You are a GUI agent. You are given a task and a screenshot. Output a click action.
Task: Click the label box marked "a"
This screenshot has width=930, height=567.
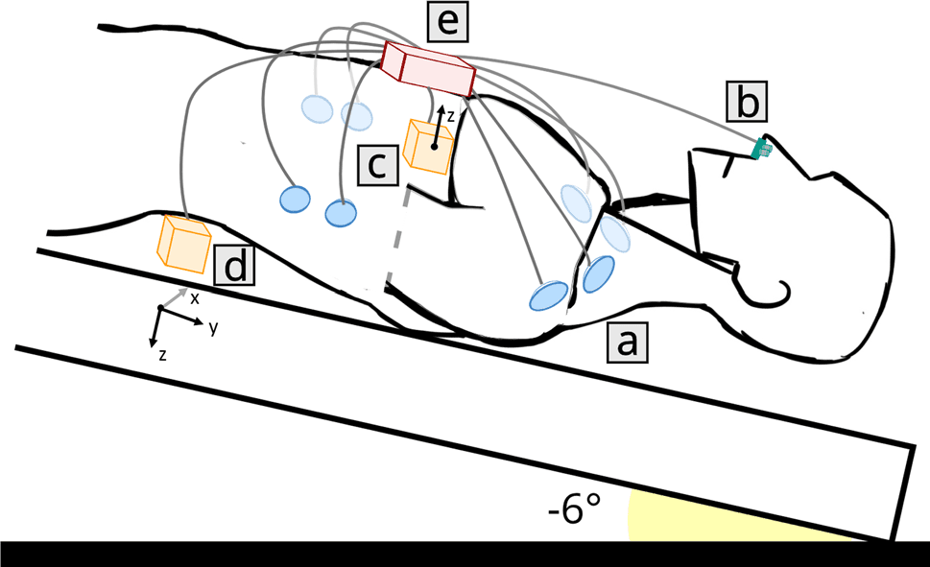pos(626,342)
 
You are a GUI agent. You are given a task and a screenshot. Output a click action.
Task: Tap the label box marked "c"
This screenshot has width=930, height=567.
pos(377,165)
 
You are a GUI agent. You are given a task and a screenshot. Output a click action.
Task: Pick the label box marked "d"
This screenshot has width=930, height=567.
pos(235,265)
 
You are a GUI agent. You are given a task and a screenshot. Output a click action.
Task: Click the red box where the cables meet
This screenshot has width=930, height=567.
pos(428,68)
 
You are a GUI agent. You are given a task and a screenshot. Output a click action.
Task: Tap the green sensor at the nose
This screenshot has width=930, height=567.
pos(762,148)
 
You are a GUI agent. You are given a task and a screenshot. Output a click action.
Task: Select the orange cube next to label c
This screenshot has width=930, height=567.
pos(427,147)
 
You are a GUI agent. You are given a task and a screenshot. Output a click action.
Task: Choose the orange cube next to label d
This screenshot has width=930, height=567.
pos(183,243)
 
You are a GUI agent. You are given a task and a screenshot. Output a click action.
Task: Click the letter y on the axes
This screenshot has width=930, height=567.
pos(213,327)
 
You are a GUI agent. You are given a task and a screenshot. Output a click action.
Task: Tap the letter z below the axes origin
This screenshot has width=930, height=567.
pos(163,354)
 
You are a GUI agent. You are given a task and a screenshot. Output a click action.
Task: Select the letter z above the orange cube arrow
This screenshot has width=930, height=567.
pos(451,115)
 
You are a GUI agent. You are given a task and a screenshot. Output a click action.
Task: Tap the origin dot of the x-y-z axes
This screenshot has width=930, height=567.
pos(160,307)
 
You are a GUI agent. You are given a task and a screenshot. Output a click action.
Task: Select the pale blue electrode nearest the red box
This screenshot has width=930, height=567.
pos(357,115)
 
